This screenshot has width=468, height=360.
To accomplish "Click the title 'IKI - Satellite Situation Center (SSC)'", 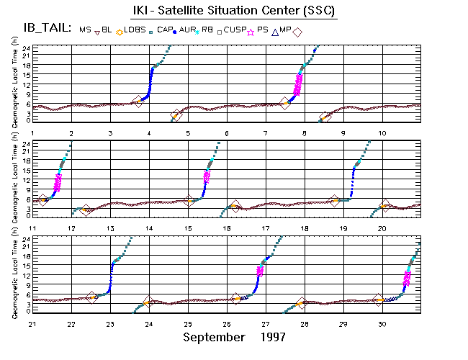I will [x=234, y=11].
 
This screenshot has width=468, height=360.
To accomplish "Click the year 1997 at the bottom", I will [x=273, y=336].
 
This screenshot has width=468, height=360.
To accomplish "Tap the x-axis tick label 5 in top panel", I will [x=188, y=134].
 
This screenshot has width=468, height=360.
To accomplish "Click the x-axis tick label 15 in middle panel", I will [x=188, y=228].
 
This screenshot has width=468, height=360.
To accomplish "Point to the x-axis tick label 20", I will [x=382, y=228].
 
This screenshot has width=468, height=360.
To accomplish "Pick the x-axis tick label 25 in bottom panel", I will [x=188, y=323].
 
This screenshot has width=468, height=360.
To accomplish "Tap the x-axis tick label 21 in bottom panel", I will [x=32, y=323].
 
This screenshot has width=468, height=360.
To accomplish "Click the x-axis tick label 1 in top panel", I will [x=32, y=134].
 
